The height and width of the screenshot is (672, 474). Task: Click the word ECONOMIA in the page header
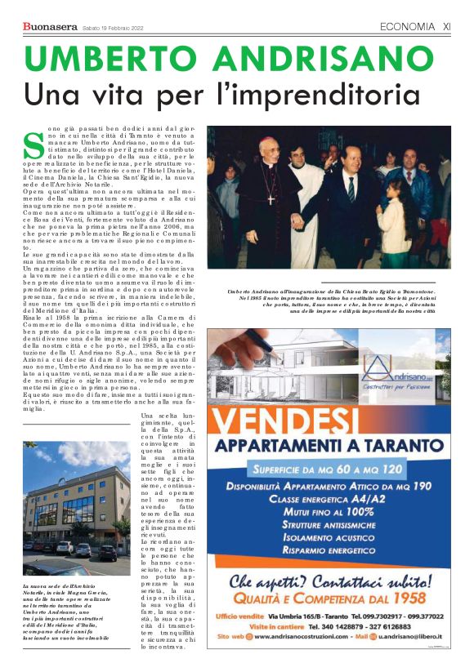tap(408, 27)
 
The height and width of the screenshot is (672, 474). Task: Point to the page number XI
tap(447, 27)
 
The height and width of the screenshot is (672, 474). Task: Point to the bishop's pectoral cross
tap(271, 198)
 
